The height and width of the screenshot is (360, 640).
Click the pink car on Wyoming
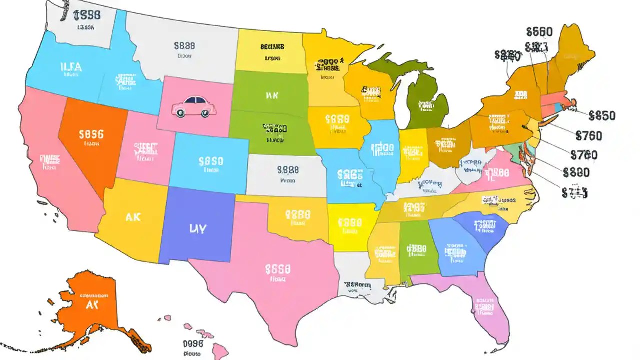click(x=191, y=107)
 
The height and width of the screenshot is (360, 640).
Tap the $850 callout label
click(x=602, y=116)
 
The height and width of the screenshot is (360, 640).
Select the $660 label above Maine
click(x=539, y=32)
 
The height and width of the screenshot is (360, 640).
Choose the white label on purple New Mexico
click(x=197, y=229)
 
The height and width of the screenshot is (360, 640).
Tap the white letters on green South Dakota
click(x=271, y=94)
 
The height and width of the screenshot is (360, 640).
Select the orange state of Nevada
click(x=90, y=140)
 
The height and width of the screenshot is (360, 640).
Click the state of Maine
click(x=572, y=55)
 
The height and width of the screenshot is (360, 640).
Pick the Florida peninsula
click(x=482, y=310)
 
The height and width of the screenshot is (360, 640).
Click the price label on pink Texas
click(x=277, y=270)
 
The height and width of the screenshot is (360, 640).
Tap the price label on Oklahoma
click(x=298, y=215)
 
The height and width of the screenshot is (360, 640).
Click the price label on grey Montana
click(x=184, y=46)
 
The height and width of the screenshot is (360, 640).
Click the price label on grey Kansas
click(x=288, y=170)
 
